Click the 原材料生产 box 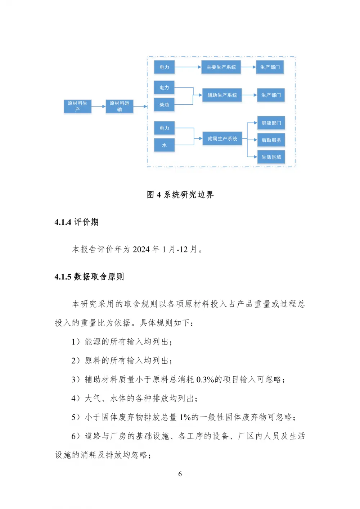pyautogui.click(x=77, y=106)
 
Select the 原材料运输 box pyautogui.click(x=120, y=106)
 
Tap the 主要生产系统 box pyautogui.click(x=221, y=67)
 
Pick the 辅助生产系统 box pyautogui.click(x=222, y=95)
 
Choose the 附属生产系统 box pyautogui.click(x=222, y=138)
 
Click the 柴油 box pyautogui.click(x=164, y=105)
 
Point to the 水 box pyautogui.click(x=165, y=145)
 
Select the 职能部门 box pyautogui.click(x=271, y=123)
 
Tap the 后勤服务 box pyautogui.click(x=271, y=140)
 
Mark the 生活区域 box pyautogui.click(x=271, y=157)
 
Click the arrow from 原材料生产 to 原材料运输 pyautogui.click(x=99, y=106)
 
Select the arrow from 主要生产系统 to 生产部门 pyautogui.click(x=248, y=67)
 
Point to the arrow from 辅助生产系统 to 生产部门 pyautogui.click(x=249, y=95)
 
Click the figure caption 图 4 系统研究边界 pyautogui.click(x=180, y=195)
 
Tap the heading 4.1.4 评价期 pyautogui.click(x=76, y=222)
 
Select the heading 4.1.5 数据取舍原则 pyautogui.click(x=89, y=277)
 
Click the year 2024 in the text pyautogui.click(x=141, y=250)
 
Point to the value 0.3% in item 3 pyautogui.click(x=205, y=380)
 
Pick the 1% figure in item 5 pyautogui.click(x=185, y=417)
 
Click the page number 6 pyautogui.click(x=180, y=474)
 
